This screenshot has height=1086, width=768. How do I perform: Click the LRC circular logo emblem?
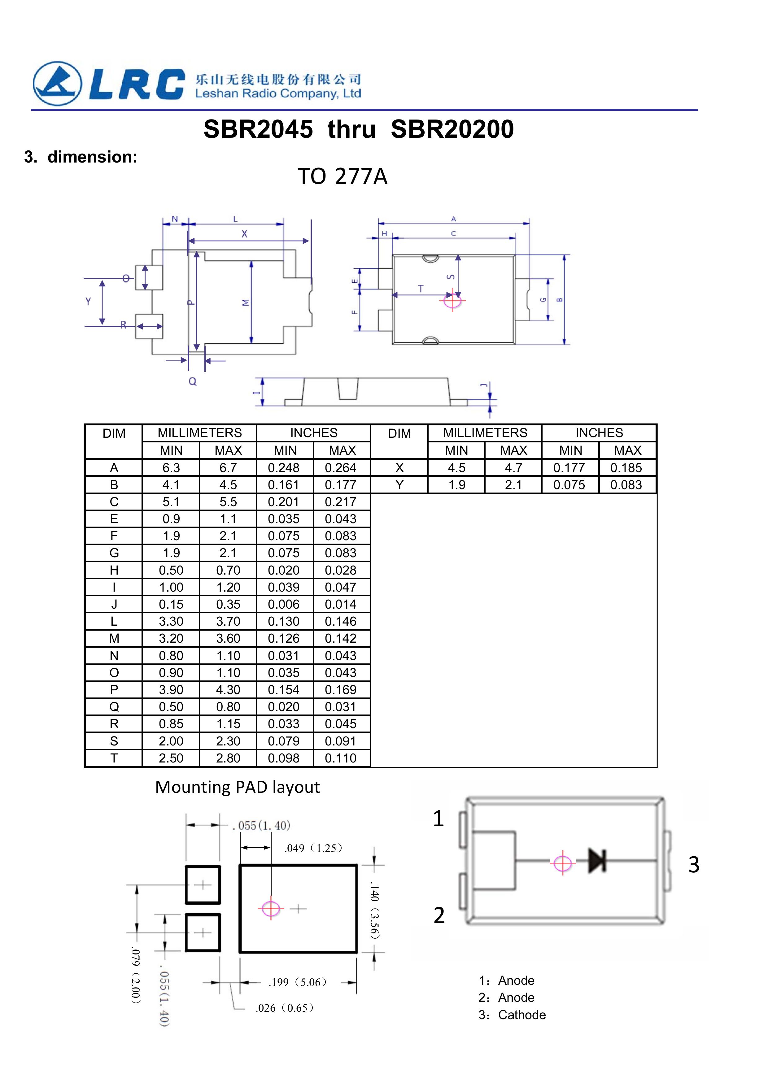(57, 84)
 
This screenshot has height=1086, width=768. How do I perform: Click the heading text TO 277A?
(342, 176)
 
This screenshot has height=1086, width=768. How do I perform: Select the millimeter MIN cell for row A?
(171, 468)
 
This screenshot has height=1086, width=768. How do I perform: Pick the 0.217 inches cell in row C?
(341, 502)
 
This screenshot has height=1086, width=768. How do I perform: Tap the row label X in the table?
(399, 468)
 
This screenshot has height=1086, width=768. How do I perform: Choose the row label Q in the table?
(114, 707)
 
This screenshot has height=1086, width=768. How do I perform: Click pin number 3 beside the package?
(693, 865)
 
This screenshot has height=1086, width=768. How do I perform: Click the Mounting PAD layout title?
(238, 787)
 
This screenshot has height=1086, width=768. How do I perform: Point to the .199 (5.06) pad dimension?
(298, 982)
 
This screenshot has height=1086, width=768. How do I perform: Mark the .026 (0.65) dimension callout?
(285, 1008)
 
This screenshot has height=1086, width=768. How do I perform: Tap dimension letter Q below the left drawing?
(193, 381)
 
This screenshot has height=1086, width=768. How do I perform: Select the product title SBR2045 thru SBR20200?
(358, 129)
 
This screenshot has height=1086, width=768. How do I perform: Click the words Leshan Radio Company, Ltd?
(278, 94)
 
